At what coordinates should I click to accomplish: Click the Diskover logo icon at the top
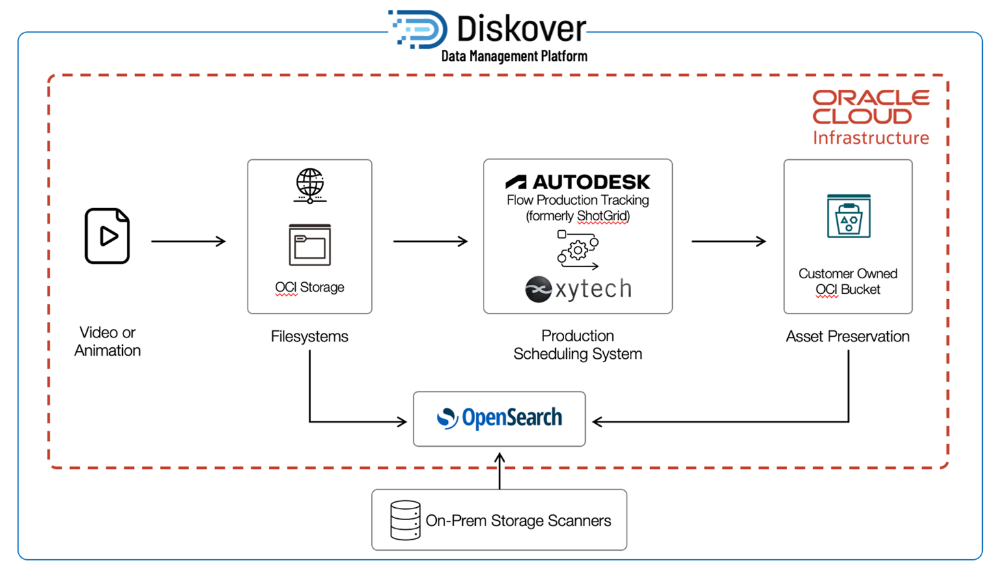tap(419, 29)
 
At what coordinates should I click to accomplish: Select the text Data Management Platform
tap(513, 57)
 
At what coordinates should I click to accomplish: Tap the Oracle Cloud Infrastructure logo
tap(870, 117)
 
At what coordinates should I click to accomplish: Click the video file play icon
tap(107, 236)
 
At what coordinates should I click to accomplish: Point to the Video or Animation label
tap(107, 341)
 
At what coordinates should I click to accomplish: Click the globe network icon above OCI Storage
tap(310, 185)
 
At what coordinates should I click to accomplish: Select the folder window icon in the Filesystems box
tap(310, 245)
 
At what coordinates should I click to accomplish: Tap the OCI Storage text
tap(310, 287)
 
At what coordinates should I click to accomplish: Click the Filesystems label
tap(309, 336)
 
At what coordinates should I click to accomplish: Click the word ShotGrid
tap(603, 217)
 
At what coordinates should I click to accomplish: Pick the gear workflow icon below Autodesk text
tap(577, 250)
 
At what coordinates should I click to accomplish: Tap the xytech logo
tap(578, 289)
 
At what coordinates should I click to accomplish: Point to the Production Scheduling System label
tap(577, 345)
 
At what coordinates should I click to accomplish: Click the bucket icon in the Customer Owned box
tap(848, 217)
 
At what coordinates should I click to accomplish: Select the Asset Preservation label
tap(848, 336)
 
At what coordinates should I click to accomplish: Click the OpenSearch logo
tap(499, 418)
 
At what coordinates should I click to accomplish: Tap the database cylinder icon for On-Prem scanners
tap(405, 520)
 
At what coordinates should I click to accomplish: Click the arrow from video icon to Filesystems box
tap(188, 241)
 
